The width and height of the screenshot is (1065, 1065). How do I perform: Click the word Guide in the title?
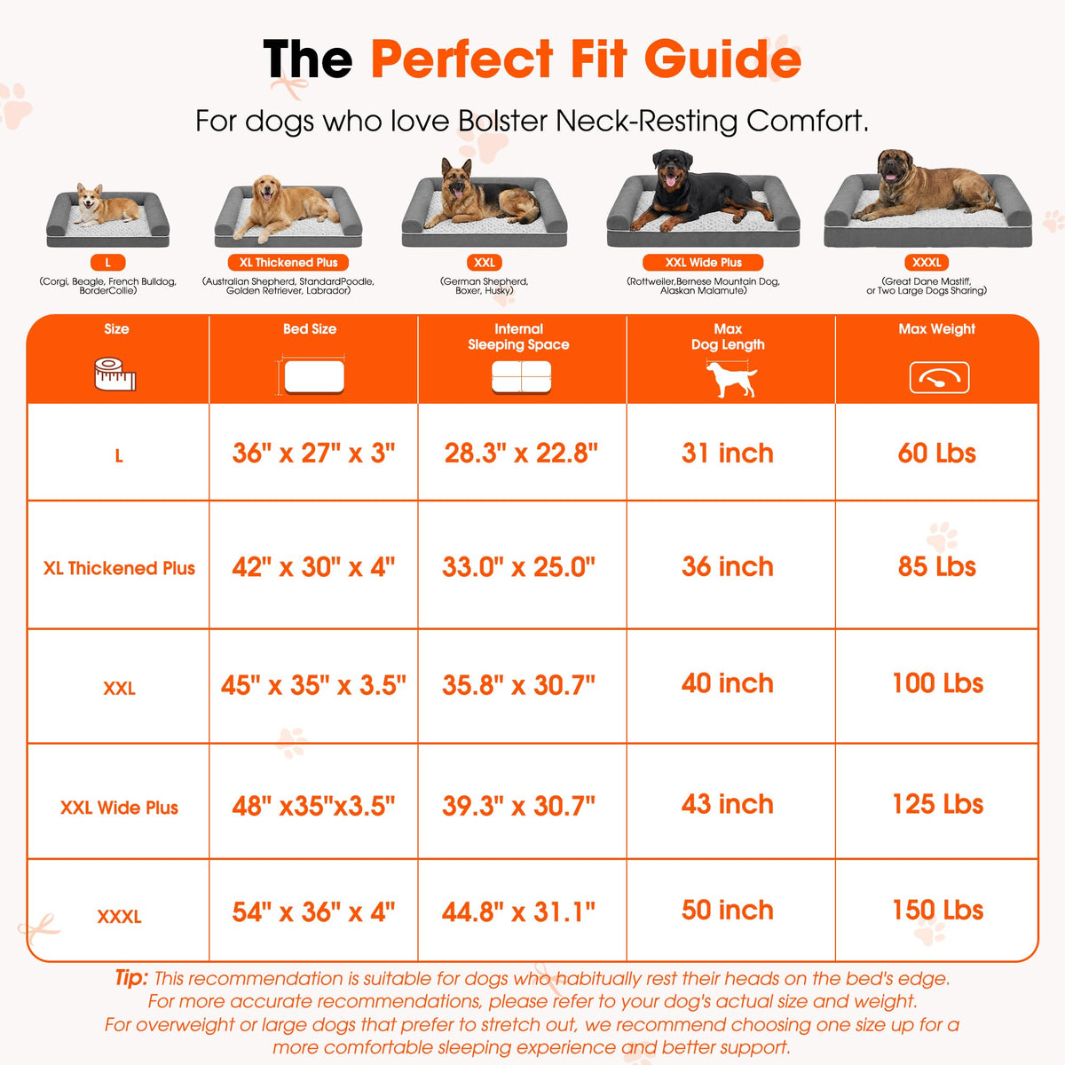pos(722,59)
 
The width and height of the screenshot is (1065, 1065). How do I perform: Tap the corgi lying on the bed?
pos(105,206)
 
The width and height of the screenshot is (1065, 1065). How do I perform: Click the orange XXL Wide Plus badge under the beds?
pos(703,263)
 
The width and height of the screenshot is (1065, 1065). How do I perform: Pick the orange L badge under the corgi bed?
pos(107,263)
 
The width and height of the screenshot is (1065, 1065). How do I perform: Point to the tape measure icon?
pos(115,375)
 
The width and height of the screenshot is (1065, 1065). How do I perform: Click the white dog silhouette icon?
pos(730,379)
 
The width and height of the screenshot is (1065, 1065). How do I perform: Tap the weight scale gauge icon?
pos(939,377)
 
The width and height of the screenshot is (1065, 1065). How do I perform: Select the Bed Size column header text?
pos(310,329)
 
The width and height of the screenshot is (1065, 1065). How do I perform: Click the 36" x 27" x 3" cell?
pos(313,454)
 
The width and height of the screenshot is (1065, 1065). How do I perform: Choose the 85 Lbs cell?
pos(937,566)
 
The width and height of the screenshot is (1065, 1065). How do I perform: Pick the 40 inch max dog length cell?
pos(728,683)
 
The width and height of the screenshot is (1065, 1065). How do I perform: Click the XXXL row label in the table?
pos(119,917)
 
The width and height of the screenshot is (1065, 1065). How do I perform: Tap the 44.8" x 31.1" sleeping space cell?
pos(518,912)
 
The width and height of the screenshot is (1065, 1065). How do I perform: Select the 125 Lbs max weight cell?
pos(938,804)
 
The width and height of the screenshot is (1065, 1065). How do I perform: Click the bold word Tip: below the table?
pos(131,978)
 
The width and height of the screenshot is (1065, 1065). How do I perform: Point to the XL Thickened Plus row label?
pos(119,568)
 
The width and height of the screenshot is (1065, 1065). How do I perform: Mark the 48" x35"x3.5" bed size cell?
pos(313,806)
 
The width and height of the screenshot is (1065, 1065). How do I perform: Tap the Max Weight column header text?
pos(937,329)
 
